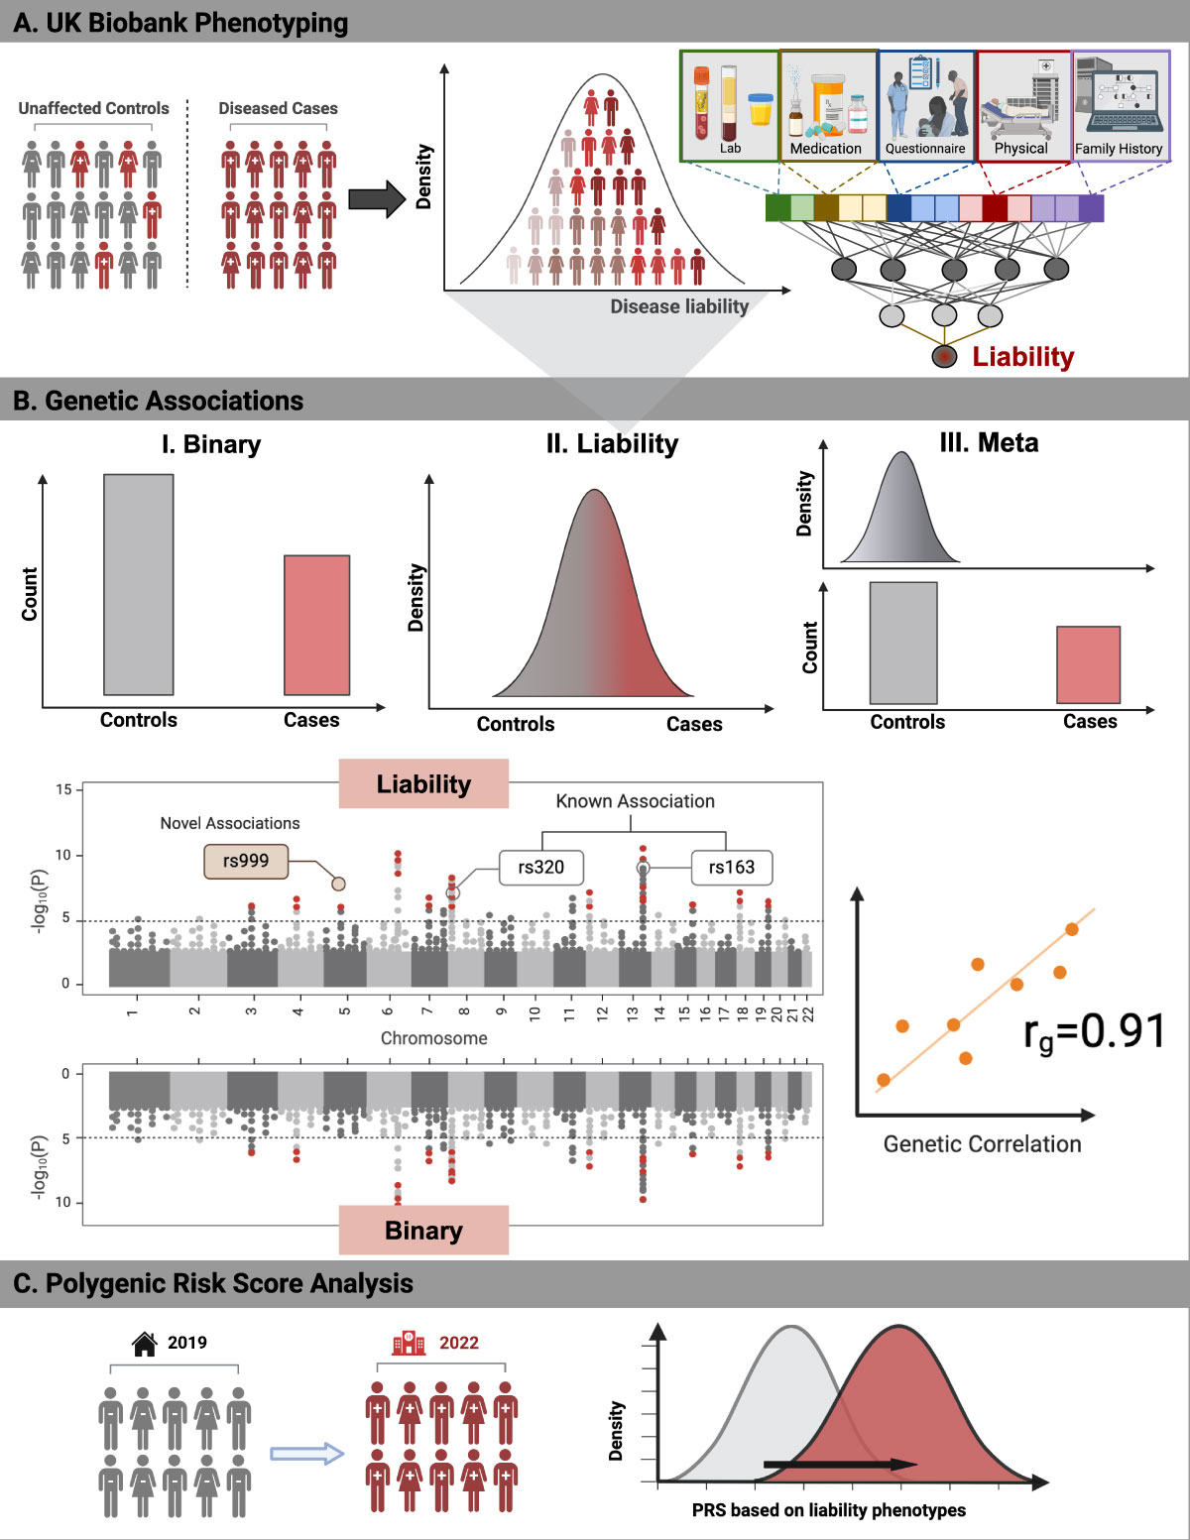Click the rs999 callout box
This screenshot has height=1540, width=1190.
[245, 861]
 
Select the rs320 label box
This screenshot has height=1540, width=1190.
[540, 868]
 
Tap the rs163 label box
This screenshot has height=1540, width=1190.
[731, 868]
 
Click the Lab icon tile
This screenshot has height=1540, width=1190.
[729, 106]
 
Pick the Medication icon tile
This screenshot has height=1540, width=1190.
[827, 106]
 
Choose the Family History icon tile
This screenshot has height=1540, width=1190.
[1120, 106]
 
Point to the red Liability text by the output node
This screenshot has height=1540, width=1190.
[1022, 357]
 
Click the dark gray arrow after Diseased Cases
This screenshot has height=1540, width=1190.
[378, 199]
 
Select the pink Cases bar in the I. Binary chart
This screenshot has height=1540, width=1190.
[316, 625]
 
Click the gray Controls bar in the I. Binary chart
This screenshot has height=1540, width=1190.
[139, 584]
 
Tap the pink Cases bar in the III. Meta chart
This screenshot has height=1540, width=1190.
[1088, 664]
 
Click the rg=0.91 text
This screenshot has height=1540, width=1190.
[1094, 1032]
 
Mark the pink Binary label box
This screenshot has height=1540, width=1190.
[423, 1230]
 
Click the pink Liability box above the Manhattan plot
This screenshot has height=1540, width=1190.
[423, 784]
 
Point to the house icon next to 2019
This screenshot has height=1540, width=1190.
[145, 1344]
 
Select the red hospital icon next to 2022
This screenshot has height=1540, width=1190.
[409, 1344]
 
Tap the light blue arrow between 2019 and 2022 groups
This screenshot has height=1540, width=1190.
[306, 1454]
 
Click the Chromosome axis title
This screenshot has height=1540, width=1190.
[433, 1038]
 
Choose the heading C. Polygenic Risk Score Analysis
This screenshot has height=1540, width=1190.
[213, 1283]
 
